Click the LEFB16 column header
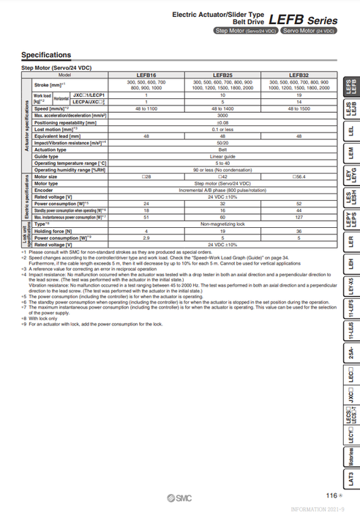click(x=146, y=75)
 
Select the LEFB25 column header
click(x=222, y=75)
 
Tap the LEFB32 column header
click(x=299, y=75)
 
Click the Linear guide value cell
click(x=222, y=156)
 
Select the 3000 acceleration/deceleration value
click(x=222, y=116)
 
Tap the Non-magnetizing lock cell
click(x=222, y=224)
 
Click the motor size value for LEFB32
click(x=299, y=177)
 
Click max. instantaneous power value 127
click(x=299, y=217)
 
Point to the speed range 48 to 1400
click(x=222, y=108)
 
